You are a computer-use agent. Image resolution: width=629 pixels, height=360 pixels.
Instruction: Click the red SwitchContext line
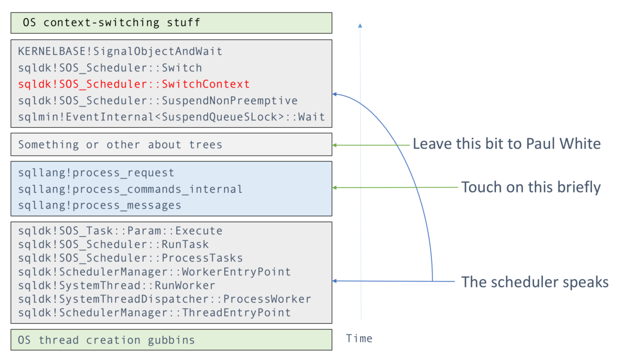pyautogui.click(x=134, y=84)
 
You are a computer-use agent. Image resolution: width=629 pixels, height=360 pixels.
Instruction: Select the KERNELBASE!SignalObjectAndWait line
pyautogui.click(x=120, y=51)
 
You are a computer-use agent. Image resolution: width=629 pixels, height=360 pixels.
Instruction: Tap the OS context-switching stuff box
pyautogui.click(x=171, y=23)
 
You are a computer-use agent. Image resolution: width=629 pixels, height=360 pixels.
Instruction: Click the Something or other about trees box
pyautogui.click(x=171, y=145)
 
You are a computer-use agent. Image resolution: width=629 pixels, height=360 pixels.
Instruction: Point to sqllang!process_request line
pyautogui.click(x=96, y=173)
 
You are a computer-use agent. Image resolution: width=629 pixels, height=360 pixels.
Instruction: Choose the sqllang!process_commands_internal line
pyautogui.click(x=130, y=189)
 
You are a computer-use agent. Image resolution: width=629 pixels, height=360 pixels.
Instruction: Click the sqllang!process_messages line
pyautogui.click(x=100, y=205)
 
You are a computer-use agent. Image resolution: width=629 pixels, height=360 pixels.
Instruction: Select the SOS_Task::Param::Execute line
pyautogui.click(x=120, y=231)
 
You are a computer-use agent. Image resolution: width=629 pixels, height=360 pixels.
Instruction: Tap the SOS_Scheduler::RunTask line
pyautogui.click(x=113, y=245)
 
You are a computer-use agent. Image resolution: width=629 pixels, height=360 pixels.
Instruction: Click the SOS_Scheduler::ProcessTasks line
pyautogui.click(x=130, y=258)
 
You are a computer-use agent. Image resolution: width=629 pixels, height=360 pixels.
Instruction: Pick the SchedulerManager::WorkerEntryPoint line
pyautogui.click(x=154, y=272)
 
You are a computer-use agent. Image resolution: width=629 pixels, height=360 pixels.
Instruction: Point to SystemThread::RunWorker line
pyautogui.click(x=116, y=286)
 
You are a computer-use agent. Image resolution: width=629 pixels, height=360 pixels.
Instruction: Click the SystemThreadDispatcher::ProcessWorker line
pyautogui.click(x=164, y=299)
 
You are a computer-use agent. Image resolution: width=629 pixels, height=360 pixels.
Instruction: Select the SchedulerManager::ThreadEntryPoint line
pyautogui.click(x=154, y=313)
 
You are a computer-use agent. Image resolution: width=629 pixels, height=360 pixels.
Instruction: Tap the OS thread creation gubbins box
pyautogui.click(x=171, y=340)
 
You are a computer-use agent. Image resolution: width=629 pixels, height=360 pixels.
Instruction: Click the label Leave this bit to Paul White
pyautogui.click(x=506, y=144)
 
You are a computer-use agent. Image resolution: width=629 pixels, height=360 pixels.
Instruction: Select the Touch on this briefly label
pyautogui.click(x=530, y=187)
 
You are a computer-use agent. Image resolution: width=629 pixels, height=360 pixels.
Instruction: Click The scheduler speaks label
pyautogui.click(x=535, y=282)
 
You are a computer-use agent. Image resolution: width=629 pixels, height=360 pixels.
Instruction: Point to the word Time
pyautogui.click(x=359, y=339)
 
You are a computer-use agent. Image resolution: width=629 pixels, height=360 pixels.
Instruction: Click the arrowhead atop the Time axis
pyautogui.click(x=360, y=25)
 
